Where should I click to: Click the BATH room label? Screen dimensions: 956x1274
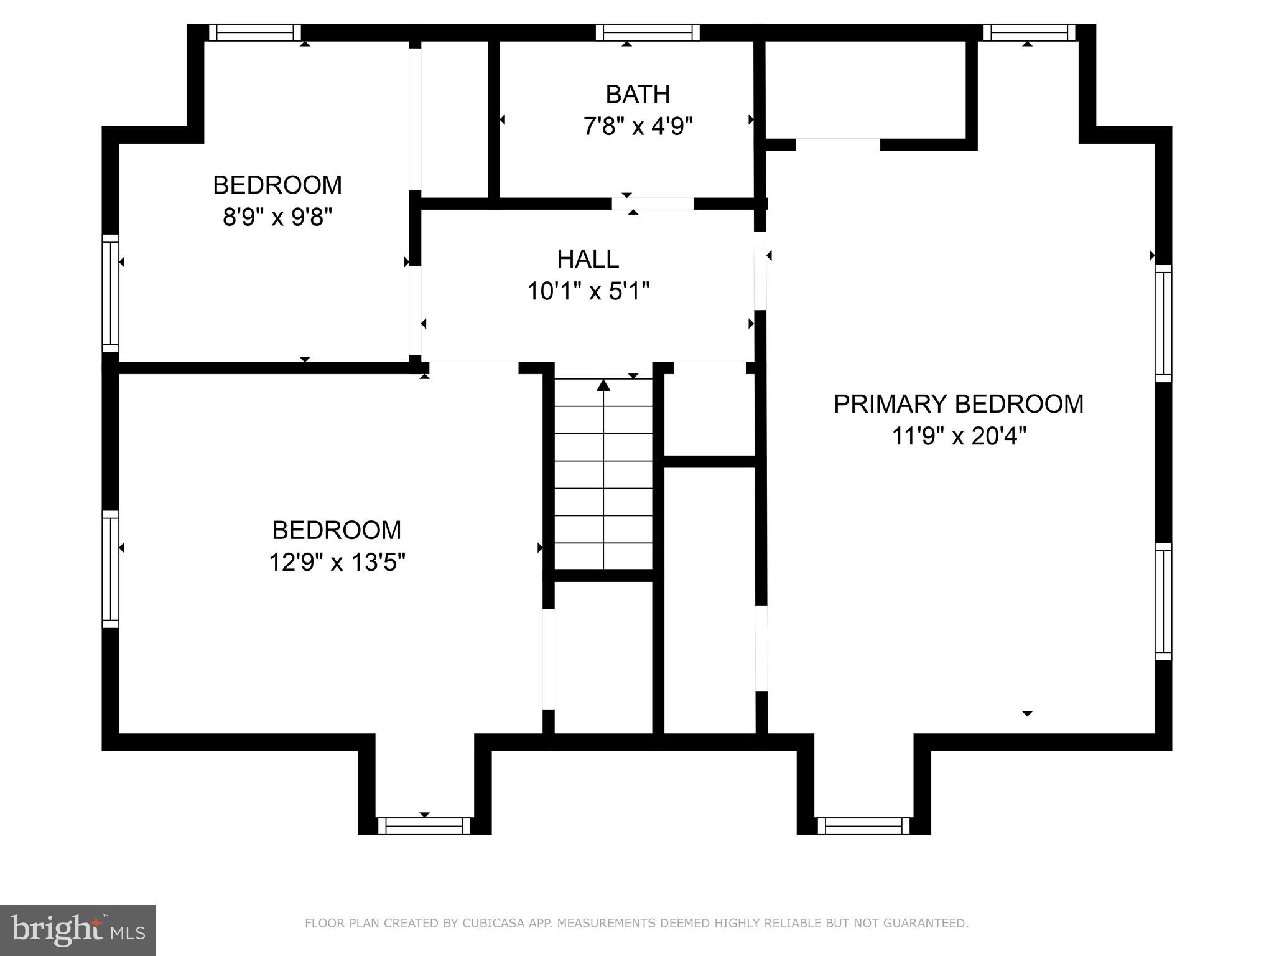point(638,95)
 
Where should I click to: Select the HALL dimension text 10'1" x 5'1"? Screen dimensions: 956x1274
point(588,291)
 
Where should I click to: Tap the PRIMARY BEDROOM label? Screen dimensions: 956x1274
point(958,404)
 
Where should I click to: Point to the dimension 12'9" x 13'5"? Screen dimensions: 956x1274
point(337,563)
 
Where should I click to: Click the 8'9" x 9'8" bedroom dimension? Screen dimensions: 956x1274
point(277,218)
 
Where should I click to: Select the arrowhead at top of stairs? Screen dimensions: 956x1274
point(603,385)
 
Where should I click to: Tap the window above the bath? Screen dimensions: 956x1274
point(648,32)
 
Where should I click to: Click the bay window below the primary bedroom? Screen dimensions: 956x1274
point(863,826)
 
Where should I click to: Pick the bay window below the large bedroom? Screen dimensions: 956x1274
point(424,826)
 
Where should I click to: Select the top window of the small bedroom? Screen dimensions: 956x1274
point(254,32)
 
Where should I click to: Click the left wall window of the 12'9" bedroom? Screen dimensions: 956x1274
point(110,569)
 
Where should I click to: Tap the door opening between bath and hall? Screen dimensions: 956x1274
point(653,204)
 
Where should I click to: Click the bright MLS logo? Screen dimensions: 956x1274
point(77,930)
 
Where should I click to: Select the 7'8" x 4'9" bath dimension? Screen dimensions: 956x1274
point(638,127)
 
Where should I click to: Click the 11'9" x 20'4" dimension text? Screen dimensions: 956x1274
point(958,436)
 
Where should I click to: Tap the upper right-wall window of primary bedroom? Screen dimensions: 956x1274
point(1163,323)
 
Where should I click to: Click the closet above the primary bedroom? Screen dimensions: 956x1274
point(865,90)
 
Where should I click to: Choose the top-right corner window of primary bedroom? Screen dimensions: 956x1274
point(1029,32)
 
